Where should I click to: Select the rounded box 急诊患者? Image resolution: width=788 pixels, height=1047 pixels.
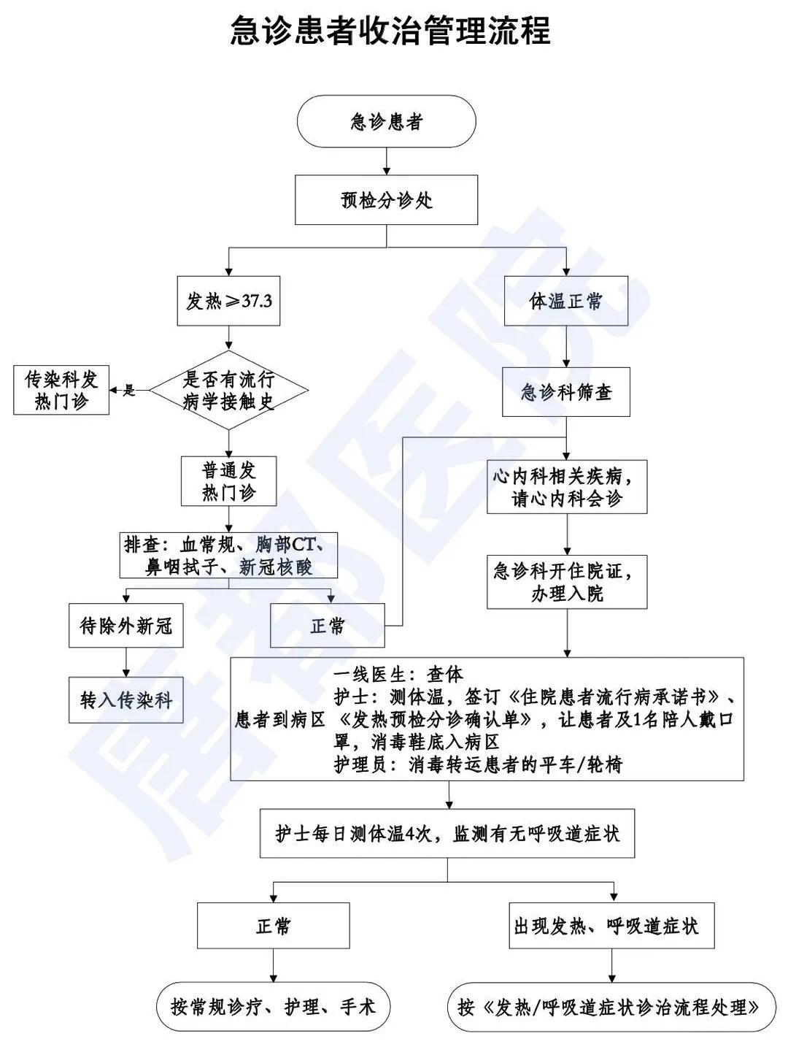(x=386, y=122)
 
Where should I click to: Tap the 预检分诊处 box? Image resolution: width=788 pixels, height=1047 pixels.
(x=386, y=200)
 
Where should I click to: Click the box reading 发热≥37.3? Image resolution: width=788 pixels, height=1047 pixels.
(x=229, y=301)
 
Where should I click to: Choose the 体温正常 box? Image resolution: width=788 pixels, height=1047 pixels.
(x=566, y=301)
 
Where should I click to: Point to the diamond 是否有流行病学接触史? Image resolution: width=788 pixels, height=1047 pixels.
(x=229, y=391)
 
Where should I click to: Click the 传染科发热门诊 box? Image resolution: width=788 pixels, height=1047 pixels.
(x=61, y=391)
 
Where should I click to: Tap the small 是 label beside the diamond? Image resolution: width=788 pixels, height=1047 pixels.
(x=130, y=391)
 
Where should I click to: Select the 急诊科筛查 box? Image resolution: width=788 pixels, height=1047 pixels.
(x=566, y=393)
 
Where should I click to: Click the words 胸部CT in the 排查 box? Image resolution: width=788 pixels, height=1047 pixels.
(x=289, y=545)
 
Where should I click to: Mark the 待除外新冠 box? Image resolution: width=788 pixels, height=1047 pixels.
(x=126, y=626)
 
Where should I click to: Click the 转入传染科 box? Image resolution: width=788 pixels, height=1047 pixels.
(x=126, y=701)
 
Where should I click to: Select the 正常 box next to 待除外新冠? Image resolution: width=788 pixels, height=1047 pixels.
(x=328, y=626)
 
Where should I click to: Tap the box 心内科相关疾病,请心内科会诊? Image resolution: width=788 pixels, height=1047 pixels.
(x=567, y=488)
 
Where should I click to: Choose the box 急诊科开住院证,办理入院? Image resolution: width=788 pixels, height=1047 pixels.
(x=567, y=582)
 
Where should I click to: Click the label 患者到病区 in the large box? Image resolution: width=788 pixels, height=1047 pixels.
(x=280, y=720)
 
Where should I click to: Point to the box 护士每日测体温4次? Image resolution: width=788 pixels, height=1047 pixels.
(x=447, y=834)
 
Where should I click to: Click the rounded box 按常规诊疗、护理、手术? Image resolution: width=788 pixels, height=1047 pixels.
(x=273, y=1008)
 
